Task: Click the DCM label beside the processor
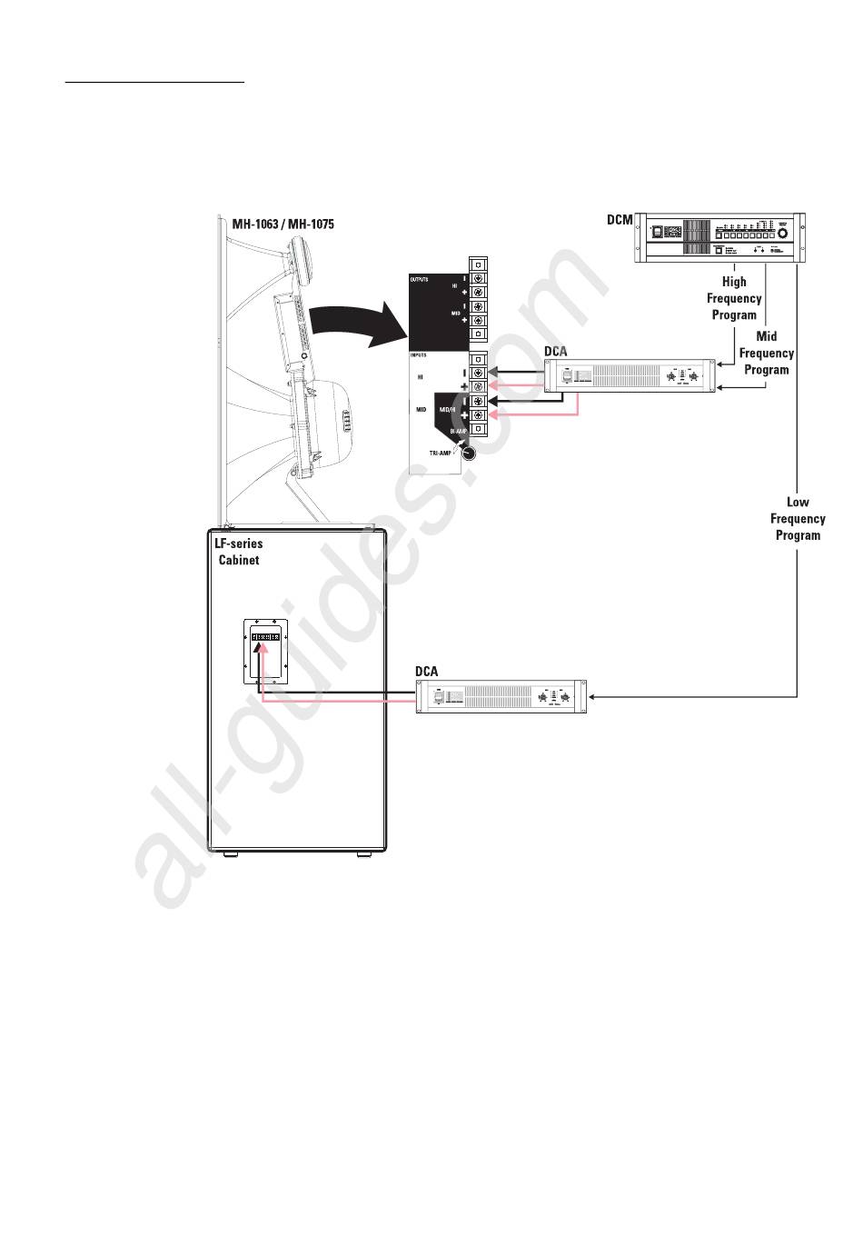click(620, 220)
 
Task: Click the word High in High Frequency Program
click(734, 282)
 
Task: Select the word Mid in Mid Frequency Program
click(766, 336)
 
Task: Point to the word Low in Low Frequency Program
click(798, 502)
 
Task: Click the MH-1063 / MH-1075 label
click(283, 224)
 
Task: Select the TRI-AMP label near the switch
click(440, 453)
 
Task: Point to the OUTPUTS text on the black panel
click(419, 279)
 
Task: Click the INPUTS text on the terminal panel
click(418, 355)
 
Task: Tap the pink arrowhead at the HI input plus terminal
click(492, 387)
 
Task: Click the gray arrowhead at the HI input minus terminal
click(492, 372)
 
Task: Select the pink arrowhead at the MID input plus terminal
click(492, 415)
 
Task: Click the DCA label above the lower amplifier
click(426, 672)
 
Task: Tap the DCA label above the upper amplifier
click(555, 351)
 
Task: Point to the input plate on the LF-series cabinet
click(265, 652)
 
